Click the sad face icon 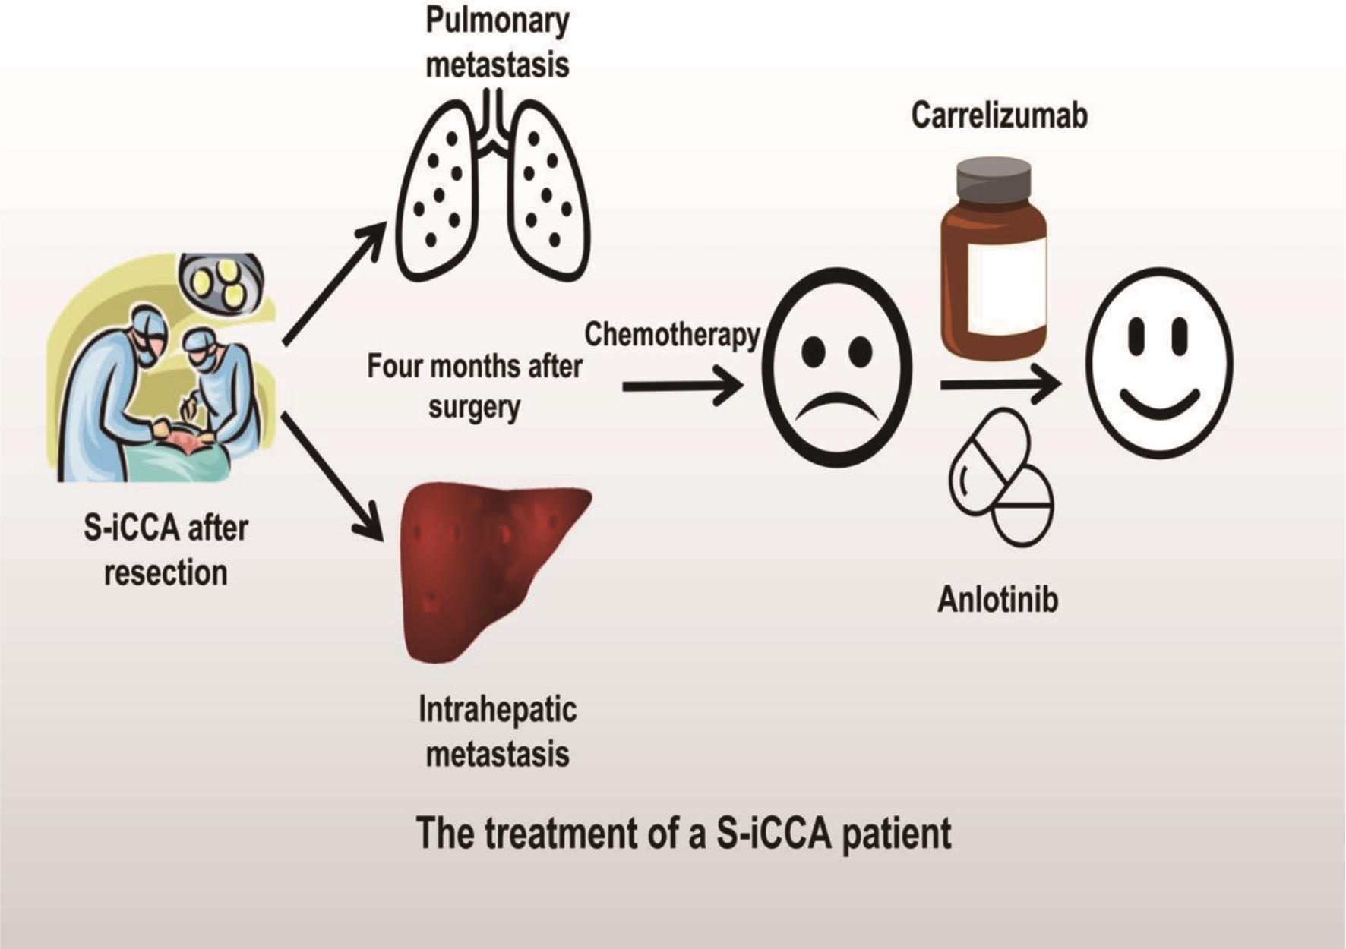click(836, 367)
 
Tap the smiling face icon click(1159, 363)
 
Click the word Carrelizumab click(999, 115)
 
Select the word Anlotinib click(997, 600)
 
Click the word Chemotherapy click(671, 335)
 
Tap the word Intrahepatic click(498, 710)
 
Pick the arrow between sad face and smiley click(1000, 386)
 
